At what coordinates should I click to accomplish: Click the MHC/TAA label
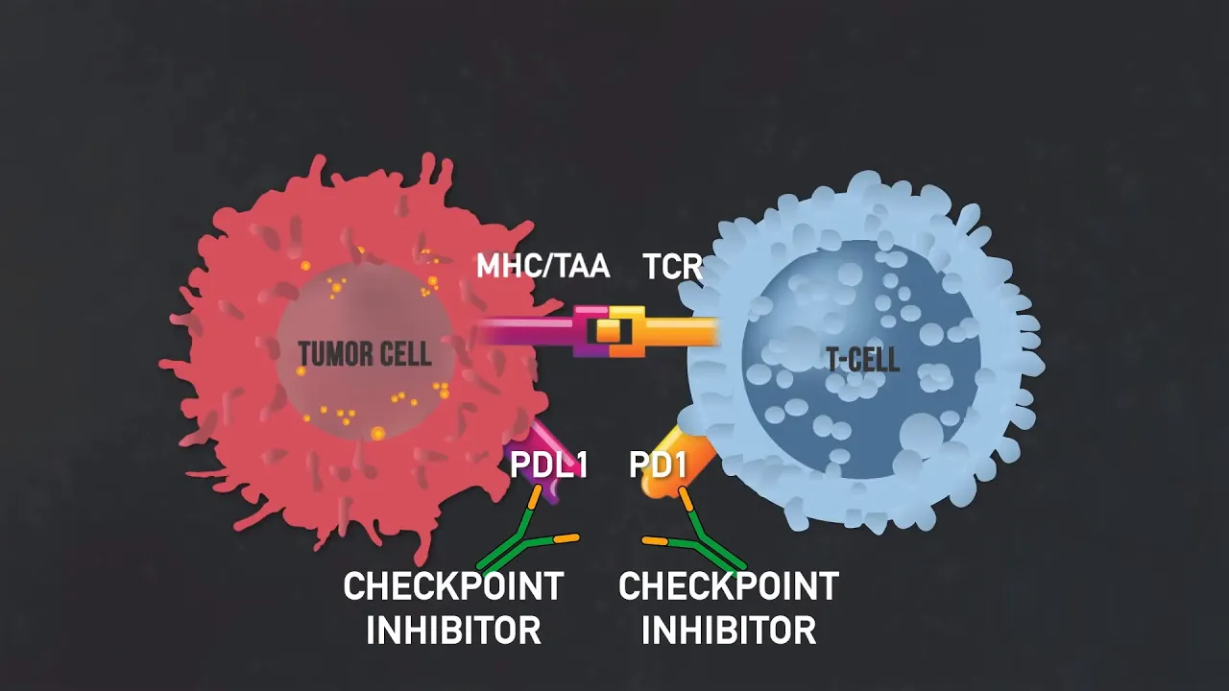coord(542,265)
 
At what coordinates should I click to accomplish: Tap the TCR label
coord(672,267)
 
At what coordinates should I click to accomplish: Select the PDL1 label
coord(548,465)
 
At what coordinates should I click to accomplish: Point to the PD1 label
coord(658,465)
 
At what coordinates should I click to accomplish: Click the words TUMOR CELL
coord(365,354)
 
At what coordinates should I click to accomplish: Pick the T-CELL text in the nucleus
coord(862,360)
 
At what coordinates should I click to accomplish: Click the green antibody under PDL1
coord(523,542)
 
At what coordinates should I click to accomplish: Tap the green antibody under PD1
coord(701,542)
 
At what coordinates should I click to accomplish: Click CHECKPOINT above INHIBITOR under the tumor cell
coord(453,586)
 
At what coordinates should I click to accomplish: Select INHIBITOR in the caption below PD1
coord(729,631)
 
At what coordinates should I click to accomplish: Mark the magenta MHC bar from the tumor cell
coord(528,332)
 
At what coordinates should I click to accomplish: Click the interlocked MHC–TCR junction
coord(609,331)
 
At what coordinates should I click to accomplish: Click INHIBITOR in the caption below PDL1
coord(453,631)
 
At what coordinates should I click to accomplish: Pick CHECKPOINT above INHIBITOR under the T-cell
coord(729,586)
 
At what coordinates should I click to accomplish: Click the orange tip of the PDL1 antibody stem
coord(534,496)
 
